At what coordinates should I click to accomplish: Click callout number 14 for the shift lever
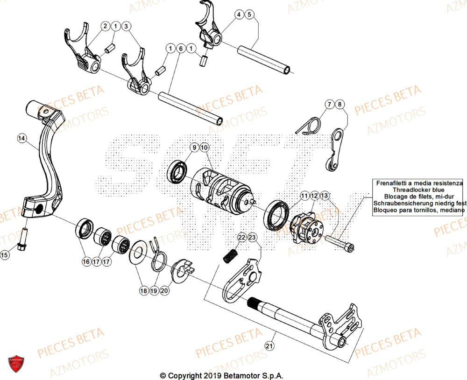[21, 138]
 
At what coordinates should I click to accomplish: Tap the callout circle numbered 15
[4, 255]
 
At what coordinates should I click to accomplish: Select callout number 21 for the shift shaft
[269, 346]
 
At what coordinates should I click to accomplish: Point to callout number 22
[241, 238]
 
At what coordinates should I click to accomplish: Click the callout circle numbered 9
[193, 148]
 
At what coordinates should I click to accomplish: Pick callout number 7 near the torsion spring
[329, 105]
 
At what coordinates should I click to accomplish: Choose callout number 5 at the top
[250, 15]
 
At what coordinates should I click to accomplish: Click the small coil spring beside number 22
[230, 256]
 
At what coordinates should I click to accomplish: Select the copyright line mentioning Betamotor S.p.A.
[221, 375]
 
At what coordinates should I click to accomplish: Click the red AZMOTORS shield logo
[16, 364]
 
